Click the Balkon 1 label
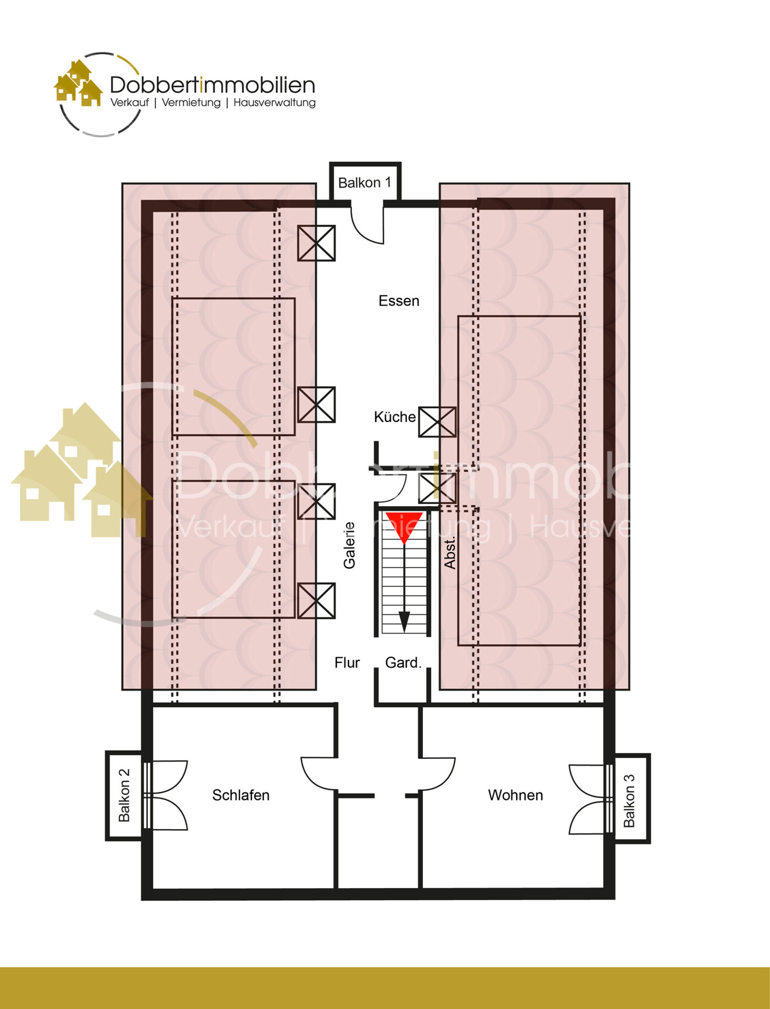tap(364, 182)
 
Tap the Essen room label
tap(399, 301)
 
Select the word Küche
tap(394, 417)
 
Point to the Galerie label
tap(349, 545)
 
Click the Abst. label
tap(450, 553)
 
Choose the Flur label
tap(347, 663)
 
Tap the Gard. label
tap(403, 663)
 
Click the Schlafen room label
tap(241, 795)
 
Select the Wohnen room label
tap(515, 795)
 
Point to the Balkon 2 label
tap(124, 795)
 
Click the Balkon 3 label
tap(629, 800)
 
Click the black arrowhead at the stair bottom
tap(404, 622)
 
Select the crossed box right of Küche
tap(437, 422)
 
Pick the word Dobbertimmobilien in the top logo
tap(212, 85)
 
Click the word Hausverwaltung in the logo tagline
tap(274, 103)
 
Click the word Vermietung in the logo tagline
tap(191, 103)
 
